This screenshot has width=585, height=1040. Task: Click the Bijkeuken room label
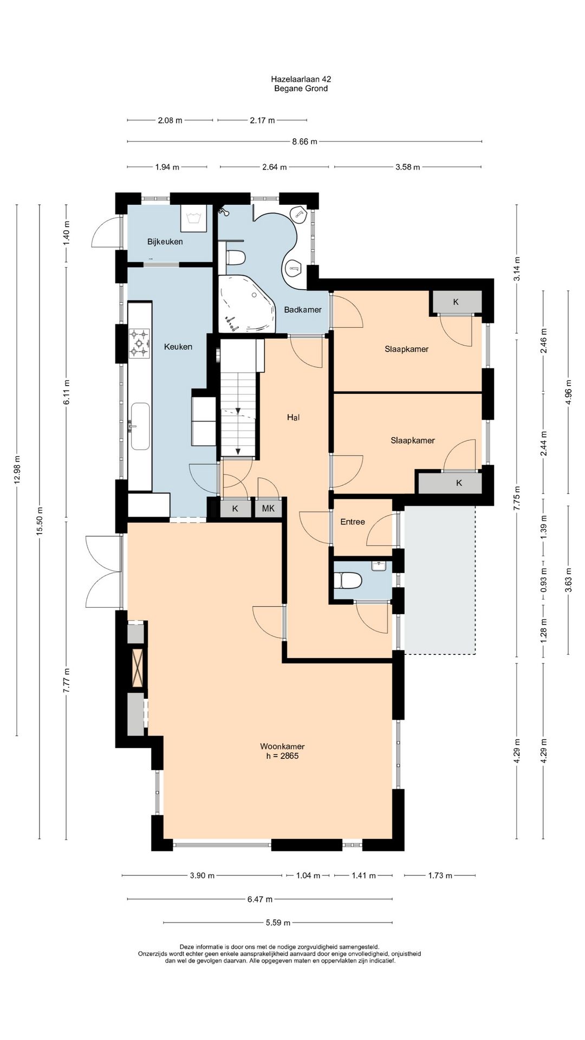pyautogui.click(x=165, y=242)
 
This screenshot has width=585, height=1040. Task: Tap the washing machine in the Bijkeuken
pyautogui.click(x=193, y=218)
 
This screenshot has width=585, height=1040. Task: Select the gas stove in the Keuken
pyautogui.click(x=139, y=343)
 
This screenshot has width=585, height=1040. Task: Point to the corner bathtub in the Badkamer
pyautogui.click(x=246, y=304)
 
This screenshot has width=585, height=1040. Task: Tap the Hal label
pyautogui.click(x=293, y=417)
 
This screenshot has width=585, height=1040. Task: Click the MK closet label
pyautogui.click(x=268, y=509)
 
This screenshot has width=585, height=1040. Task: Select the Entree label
pyautogui.click(x=353, y=522)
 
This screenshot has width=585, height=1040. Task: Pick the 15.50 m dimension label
pyautogui.click(x=39, y=521)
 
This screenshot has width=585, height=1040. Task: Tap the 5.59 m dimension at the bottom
pyautogui.click(x=277, y=922)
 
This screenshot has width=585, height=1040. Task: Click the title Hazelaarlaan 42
pyautogui.click(x=301, y=79)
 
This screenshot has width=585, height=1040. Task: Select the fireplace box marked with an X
pyautogui.click(x=137, y=668)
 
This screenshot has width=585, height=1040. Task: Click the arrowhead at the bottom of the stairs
pyautogui.click(x=237, y=451)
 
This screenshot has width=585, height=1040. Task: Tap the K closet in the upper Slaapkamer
pyautogui.click(x=456, y=302)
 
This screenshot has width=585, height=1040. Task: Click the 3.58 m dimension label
pyautogui.click(x=407, y=167)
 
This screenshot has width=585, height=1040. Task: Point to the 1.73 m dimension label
pyautogui.click(x=440, y=875)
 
